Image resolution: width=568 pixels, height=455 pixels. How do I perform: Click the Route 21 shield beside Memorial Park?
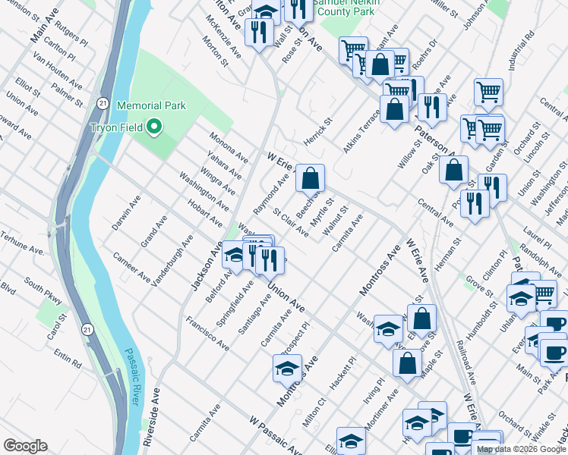pos(103,101)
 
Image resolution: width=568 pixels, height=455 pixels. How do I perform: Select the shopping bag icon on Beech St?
pos(310,179)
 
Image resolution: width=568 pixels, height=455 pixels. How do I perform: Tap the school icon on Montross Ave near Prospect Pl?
pos(286,369)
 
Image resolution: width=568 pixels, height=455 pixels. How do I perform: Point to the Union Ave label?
pos(286,297)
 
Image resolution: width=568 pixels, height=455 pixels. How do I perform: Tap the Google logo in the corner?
pos(25,446)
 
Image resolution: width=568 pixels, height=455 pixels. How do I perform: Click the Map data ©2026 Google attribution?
pos(522,449)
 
